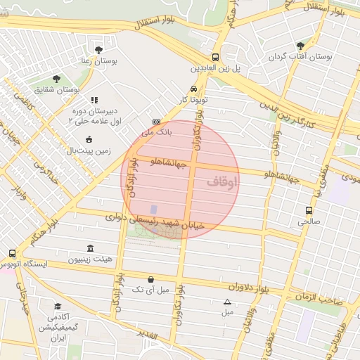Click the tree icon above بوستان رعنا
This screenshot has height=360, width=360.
[x=98, y=50]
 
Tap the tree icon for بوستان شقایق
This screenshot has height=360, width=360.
[x=56, y=79]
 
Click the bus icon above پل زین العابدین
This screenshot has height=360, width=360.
[x=215, y=58]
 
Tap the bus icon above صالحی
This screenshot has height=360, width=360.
[x=309, y=210]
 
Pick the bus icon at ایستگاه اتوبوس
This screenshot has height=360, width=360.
[x=12, y=253]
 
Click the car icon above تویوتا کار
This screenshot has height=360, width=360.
[x=192, y=89]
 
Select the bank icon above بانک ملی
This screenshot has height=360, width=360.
[x=156, y=121]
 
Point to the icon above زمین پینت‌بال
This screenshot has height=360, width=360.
[x=89, y=139]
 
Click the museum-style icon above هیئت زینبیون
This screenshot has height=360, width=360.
[x=90, y=248]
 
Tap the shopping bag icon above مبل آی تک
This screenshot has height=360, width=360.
[x=151, y=279]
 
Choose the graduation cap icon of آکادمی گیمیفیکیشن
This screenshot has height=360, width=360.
[x=58, y=307]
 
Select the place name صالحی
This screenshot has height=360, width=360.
[x=309, y=221]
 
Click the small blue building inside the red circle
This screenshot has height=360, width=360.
[x=153, y=210]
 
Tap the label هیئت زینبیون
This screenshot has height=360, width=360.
[x=90, y=259]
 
